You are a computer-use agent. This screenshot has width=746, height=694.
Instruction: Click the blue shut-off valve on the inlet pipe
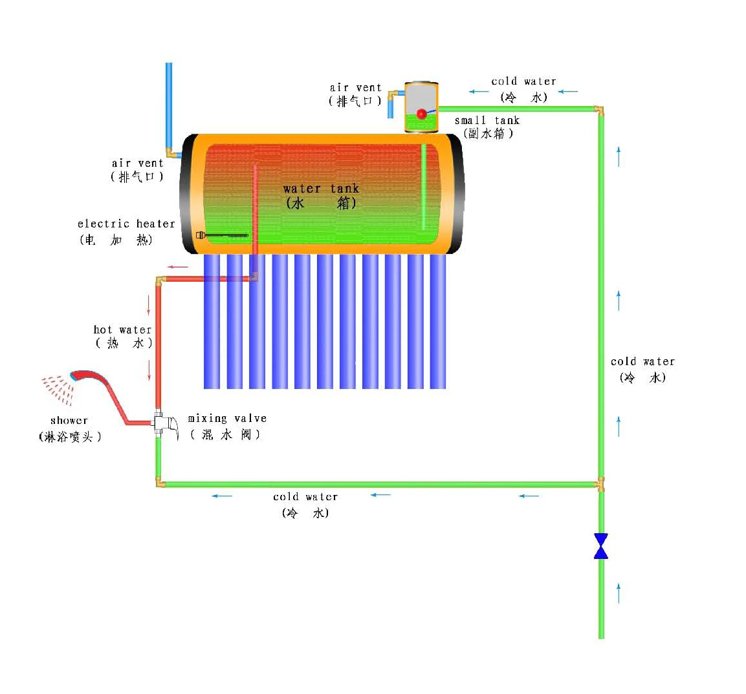(600, 546)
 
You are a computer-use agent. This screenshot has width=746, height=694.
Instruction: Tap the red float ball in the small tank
(421, 114)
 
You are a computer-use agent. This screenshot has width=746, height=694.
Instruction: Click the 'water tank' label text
(321, 189)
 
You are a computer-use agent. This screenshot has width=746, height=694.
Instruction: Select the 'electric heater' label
(126, 224)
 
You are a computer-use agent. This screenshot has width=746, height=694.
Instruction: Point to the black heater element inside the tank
(223, 236)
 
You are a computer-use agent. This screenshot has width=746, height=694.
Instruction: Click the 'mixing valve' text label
(227, 419)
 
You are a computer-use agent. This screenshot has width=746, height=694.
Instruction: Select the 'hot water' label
(122, 330)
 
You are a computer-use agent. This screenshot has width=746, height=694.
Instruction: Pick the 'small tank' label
(487, 121)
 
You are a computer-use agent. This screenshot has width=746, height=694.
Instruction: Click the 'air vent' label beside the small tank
(355, 88)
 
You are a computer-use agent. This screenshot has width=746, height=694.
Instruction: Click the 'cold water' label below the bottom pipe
(305, 497)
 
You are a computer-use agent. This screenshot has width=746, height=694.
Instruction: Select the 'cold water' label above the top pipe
(523, 81)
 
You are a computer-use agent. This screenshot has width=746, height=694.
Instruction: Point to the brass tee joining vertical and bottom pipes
(600, 484)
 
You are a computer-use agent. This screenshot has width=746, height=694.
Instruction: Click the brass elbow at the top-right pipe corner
(600, 110)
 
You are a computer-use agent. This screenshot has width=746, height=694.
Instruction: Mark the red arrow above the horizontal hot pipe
(178, 267)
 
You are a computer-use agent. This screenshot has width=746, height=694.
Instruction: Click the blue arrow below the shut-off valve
(619, 593)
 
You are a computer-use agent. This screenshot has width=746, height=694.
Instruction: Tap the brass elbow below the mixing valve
(159, 483)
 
